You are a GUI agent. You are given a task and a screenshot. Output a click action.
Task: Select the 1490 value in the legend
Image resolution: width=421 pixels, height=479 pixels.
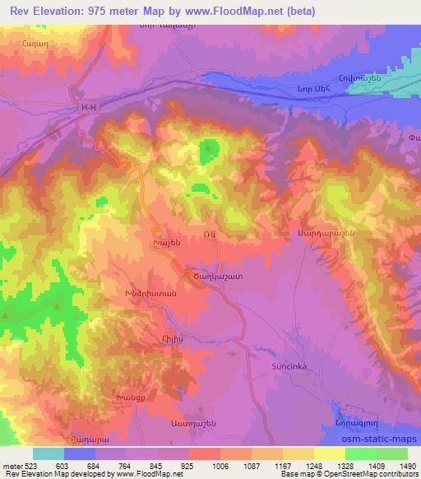pyautogui.click(x=405, y=466)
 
